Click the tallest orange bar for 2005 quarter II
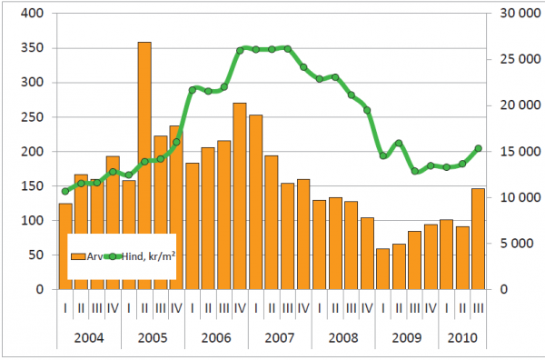click(x=144, y=165)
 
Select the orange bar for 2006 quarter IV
click(x=240, y=196)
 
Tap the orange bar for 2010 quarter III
click(x=478, y=239)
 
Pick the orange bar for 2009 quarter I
click(x=383, y=269)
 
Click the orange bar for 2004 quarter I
click(x=65, y=246)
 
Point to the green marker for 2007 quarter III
click(x=288, y=49)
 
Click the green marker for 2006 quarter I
click(x=193, y=90)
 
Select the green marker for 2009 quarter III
click(x=415, y=171)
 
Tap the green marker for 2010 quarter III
click(x=479, y=148)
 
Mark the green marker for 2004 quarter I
click(x=65, y=191)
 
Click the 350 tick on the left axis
click(x=33, y=47)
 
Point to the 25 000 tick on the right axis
click(x=520, y=59)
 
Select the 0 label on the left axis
click(x=40, y=289)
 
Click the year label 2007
click(x=280, y=337)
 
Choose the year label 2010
click(x=462, y=337)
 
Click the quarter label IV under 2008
click(x=367, y=308)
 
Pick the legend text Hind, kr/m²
click(x=148, y=256)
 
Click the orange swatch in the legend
click(x=78, y=256)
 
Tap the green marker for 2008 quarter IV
click(x=367, y=111)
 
